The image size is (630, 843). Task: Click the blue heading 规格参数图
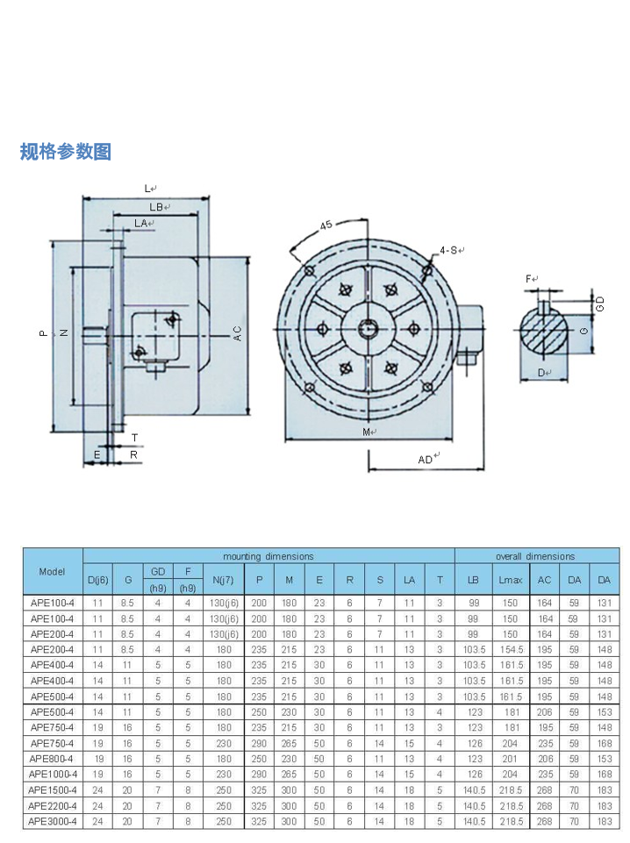66,152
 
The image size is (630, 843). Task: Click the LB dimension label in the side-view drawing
157,207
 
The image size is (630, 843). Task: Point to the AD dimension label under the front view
426,458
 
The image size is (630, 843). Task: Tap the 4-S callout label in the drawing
449,251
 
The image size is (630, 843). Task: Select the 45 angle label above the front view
326,225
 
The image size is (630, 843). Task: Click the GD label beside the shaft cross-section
600,304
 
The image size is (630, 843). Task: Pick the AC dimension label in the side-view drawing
237,332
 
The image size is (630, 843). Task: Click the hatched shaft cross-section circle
545,331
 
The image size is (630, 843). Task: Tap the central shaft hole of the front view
369,330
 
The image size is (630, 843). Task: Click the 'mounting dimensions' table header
268,556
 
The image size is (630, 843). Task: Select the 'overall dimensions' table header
535,556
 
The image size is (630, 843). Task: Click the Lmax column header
510,580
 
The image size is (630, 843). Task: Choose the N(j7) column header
224,580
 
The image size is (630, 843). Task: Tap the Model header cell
53,571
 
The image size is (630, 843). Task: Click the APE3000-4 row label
53,821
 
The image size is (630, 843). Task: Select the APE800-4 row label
53,759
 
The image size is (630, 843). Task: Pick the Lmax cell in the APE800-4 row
510,759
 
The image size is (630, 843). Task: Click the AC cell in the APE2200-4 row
545,805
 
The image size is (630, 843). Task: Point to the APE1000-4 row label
53,775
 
